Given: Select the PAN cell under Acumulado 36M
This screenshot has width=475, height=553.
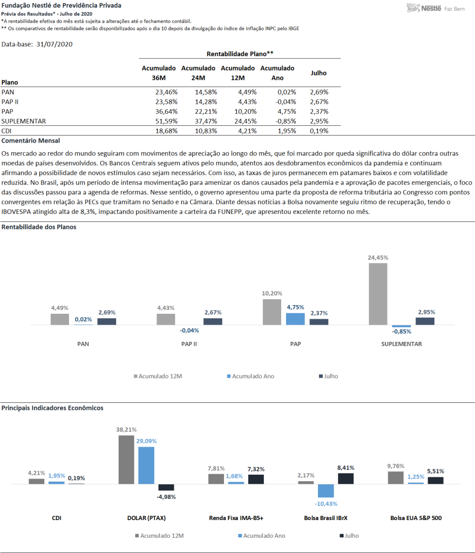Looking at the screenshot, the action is (166, 92).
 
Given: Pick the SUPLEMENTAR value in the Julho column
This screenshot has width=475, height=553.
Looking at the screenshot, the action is (319, 122).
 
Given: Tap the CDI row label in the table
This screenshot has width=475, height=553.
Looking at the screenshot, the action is (6, 131).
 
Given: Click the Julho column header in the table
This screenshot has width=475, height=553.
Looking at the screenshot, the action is (318, 73).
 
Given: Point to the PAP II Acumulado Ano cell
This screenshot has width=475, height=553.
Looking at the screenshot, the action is (286, 102).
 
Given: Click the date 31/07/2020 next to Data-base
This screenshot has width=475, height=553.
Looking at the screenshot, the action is (55, 44).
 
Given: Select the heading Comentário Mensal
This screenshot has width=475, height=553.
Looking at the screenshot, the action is (31, 141).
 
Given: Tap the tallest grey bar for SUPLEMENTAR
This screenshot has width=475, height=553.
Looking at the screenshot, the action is (378, 294).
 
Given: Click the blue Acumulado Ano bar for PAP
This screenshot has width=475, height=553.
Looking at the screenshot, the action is (295, 319).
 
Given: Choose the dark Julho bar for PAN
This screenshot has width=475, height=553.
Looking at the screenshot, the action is (107, 321).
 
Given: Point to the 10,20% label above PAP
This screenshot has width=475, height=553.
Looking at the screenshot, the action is (272, 293).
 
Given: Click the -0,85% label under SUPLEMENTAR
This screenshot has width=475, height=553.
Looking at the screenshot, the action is (402, 332).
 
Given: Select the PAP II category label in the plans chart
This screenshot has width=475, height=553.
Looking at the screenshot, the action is (189, 344).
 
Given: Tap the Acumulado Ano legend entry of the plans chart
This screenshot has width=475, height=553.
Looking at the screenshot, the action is (250, 376).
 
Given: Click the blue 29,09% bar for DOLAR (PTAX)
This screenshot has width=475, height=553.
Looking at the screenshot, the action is (146, 466).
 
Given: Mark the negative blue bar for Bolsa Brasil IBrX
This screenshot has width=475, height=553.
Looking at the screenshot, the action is (326, 490).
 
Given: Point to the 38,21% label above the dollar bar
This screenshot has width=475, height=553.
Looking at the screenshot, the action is (126, 429).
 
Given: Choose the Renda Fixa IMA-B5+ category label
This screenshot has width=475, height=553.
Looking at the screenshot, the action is (236, 518).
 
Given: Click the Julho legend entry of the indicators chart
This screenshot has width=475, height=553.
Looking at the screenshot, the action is (349, 536).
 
